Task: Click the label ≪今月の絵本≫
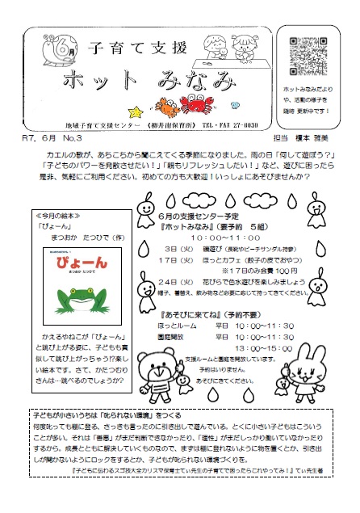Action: point(58,217)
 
